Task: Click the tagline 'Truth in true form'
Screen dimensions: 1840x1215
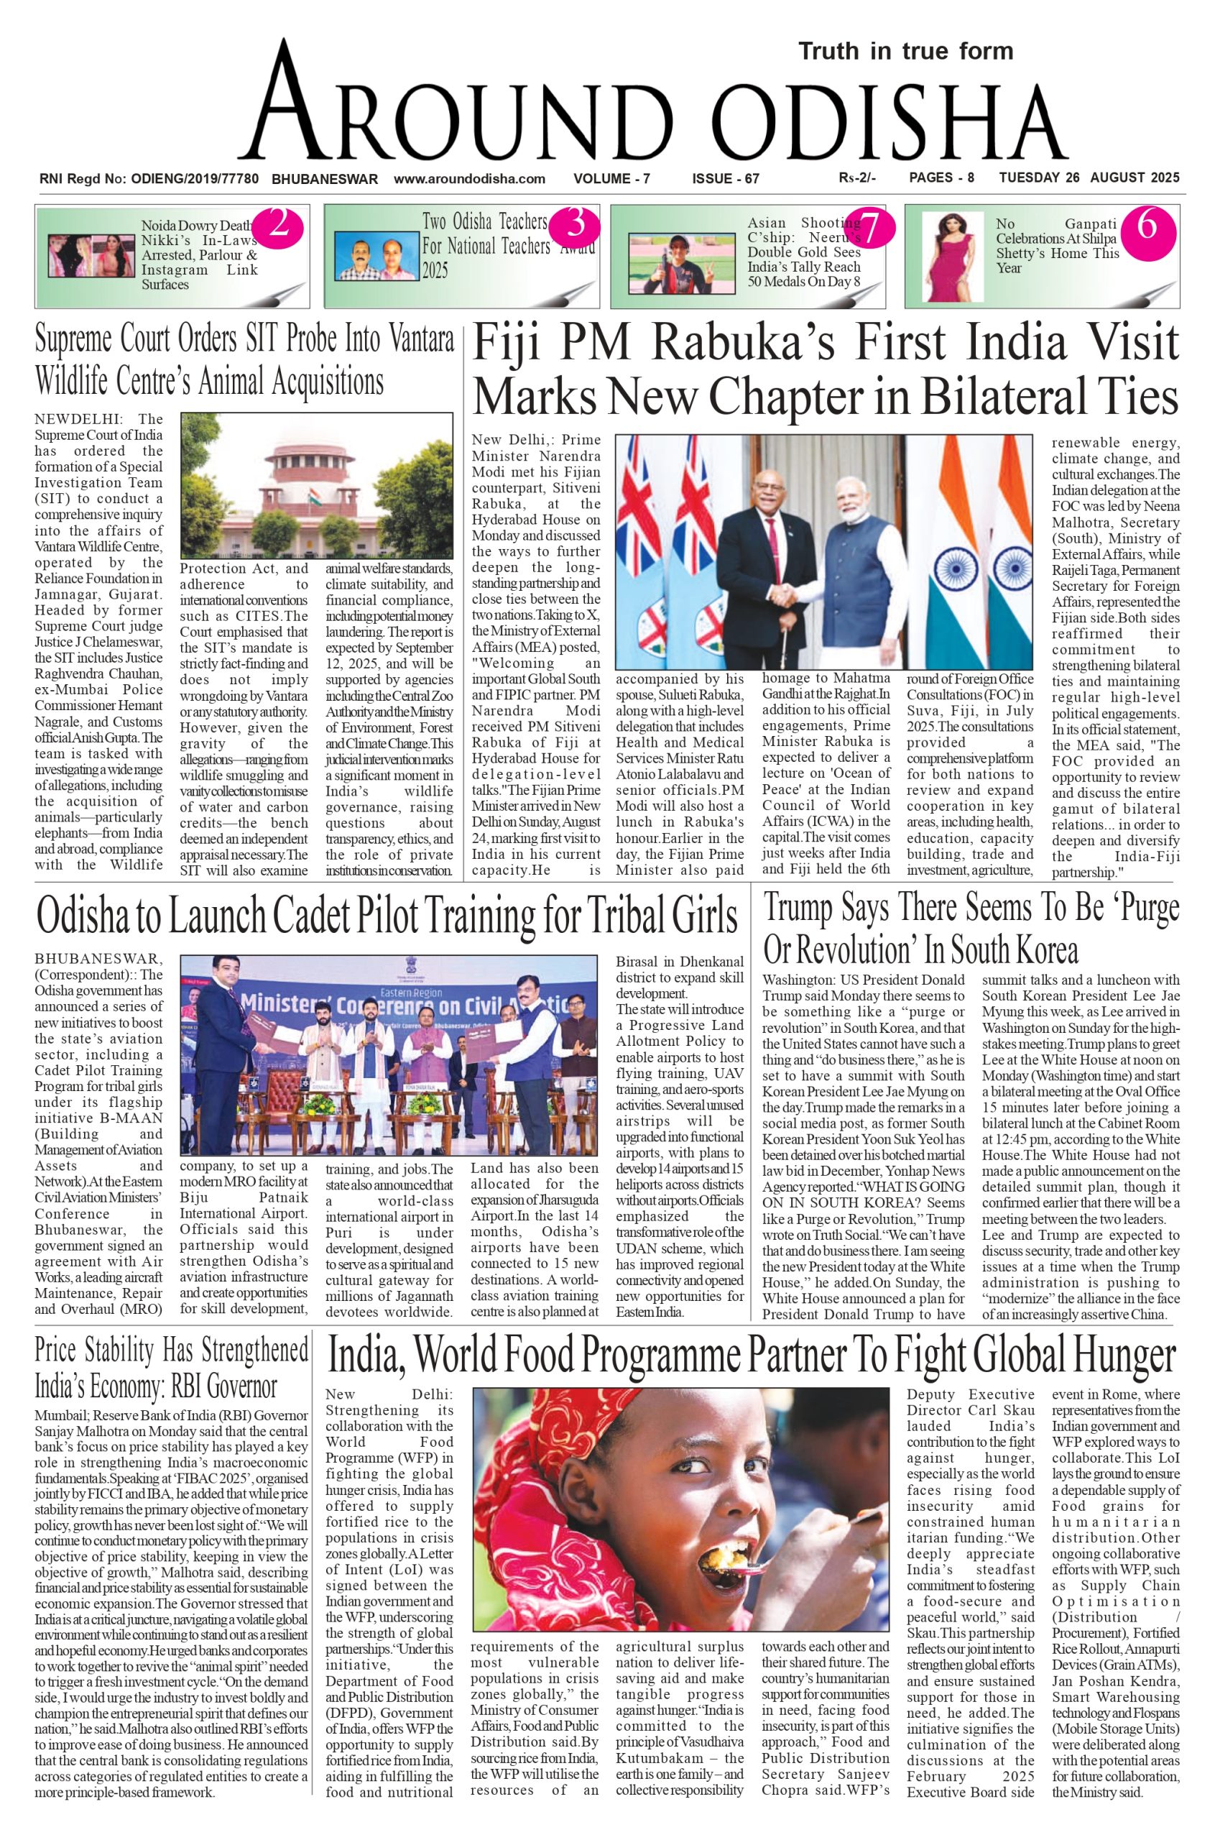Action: point(905,51)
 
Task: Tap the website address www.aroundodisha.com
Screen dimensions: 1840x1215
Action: point(470,178)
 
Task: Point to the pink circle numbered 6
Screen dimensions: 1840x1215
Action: point(1147,226)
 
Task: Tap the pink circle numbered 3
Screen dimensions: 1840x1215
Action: point(575,225)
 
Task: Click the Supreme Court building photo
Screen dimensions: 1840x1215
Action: point(316,485)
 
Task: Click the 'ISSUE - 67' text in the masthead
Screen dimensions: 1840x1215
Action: point(725,179)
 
